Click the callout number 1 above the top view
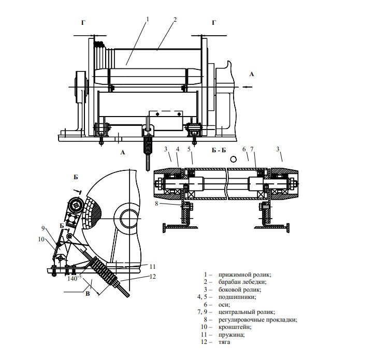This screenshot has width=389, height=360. pos(147,19)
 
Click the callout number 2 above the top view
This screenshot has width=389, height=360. pos(175,19)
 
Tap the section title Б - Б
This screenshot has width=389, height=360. pos(219,150)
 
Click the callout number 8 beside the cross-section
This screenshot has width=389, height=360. pos(156,204)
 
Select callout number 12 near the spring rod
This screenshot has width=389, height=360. pos(153,276)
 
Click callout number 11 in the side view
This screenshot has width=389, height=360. pos(153,266)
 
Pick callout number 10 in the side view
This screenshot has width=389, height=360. pos(41,239)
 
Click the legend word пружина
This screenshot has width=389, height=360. pos(232,335)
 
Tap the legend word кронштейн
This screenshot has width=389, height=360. pos(235,327)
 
